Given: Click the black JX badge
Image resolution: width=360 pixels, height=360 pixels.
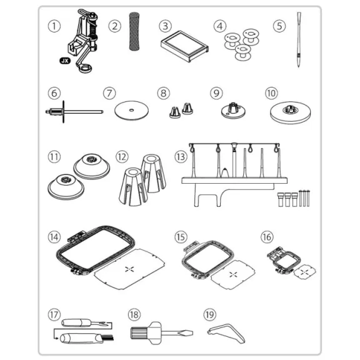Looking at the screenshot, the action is coord(65,61).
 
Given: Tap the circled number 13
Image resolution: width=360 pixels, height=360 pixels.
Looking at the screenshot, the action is coord(181,157).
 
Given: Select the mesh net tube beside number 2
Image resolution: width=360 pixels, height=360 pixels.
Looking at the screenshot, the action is coord(134,31).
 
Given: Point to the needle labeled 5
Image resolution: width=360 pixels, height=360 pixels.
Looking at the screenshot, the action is coord(299,39).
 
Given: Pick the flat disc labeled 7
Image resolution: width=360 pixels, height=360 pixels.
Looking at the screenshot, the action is coord(131,111).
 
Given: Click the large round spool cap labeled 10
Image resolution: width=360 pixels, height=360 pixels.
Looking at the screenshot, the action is coord(291,112).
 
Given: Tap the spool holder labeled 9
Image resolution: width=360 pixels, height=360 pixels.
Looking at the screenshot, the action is coord(233,110).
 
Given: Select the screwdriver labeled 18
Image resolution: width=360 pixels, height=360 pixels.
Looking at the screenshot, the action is coord(162,332).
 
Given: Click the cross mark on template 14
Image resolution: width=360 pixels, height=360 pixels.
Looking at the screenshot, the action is coord(129,269).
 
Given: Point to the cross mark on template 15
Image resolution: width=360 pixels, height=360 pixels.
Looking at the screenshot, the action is coord(233,274).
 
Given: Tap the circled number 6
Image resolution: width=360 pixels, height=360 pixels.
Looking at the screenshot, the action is coord(54,93).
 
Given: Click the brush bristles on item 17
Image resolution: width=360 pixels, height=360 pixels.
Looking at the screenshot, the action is coord(109,338).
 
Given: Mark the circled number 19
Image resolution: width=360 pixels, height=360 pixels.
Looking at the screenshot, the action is coord(210,314).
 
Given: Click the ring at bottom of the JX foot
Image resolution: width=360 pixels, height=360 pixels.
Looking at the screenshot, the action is coord(86,69).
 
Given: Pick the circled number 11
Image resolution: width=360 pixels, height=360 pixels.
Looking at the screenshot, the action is coord(54,157).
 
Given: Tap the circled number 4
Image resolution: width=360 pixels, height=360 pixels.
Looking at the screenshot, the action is coord(220,26).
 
